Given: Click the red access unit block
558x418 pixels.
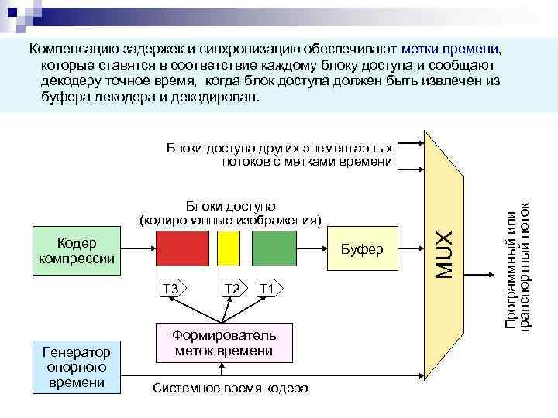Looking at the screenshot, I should (181, 248).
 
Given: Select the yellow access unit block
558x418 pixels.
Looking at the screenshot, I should (229, 248).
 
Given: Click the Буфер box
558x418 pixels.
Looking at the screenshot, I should (362, 248).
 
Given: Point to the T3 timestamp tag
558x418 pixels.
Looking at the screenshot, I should (171, 289).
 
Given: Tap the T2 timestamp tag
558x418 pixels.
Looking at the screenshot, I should (231, 289).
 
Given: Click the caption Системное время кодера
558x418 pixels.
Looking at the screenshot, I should (230, 388).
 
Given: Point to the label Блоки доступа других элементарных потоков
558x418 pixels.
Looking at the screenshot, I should (279, 154).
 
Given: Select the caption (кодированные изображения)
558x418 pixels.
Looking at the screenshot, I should (229, 219).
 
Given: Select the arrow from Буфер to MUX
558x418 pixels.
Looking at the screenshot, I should (410, 248).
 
